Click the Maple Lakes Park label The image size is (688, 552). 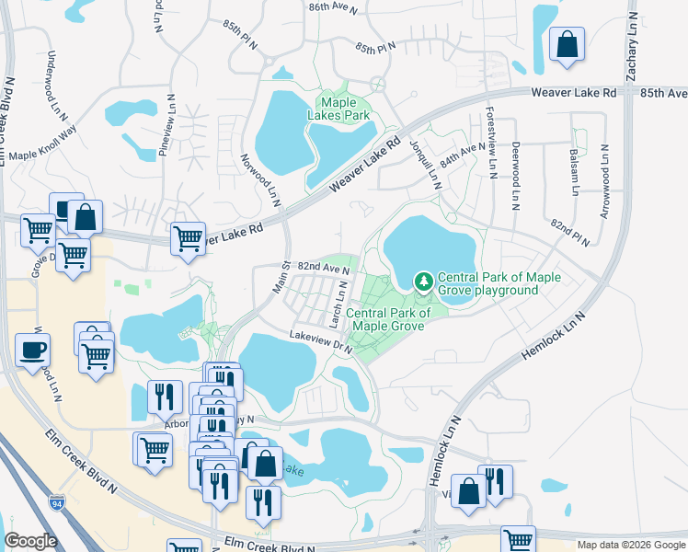(x=344, y=109)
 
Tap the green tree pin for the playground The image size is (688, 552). (x=424, y=279)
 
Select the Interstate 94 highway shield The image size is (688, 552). (x=57, y=503)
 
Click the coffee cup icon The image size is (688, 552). (x=32, y=351)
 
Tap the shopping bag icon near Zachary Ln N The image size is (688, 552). (x=568, y=44)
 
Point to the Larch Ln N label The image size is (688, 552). (x=338, y=304)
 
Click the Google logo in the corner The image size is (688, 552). (x=30, y=541)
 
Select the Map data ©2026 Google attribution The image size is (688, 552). (x=630, y=545)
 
